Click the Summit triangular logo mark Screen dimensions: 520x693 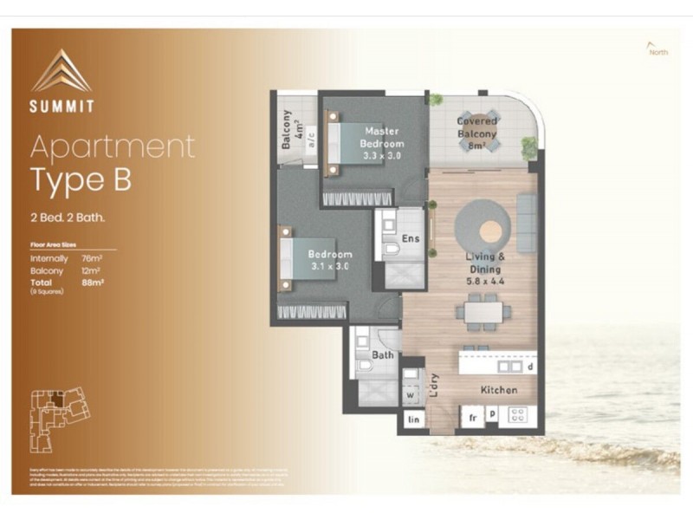(x=62, y=70)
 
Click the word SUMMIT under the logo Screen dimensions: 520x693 (x=62, y=108)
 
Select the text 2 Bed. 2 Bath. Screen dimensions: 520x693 (x=67, y=218)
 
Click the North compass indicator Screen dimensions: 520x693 (x=657, y=50)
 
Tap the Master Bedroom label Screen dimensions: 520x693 (x=381, y=138)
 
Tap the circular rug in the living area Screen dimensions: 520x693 (x=489, y=229)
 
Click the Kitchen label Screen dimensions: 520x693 (x=499, y=390)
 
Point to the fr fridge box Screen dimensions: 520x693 (x=473, y=417)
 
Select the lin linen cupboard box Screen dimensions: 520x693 (x=413, y=419)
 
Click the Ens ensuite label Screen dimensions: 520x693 (x=411, y=239)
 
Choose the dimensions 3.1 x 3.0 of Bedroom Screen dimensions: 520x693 (x=330, y=266)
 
